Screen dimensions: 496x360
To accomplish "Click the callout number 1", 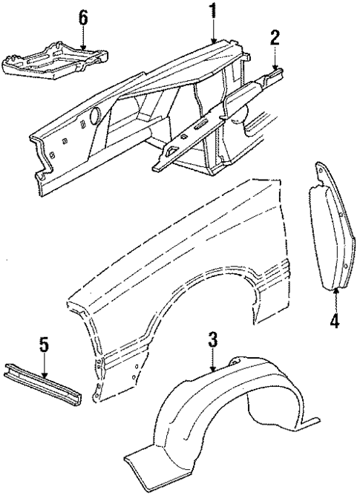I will click(213, 11).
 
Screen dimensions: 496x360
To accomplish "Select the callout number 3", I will click(212, 341).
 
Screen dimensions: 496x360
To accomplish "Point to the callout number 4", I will click(334, 321).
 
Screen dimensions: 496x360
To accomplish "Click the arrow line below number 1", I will click(213, 30).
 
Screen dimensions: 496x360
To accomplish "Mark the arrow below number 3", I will click(212, 359).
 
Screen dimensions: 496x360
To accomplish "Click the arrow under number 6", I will click(84, 37).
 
